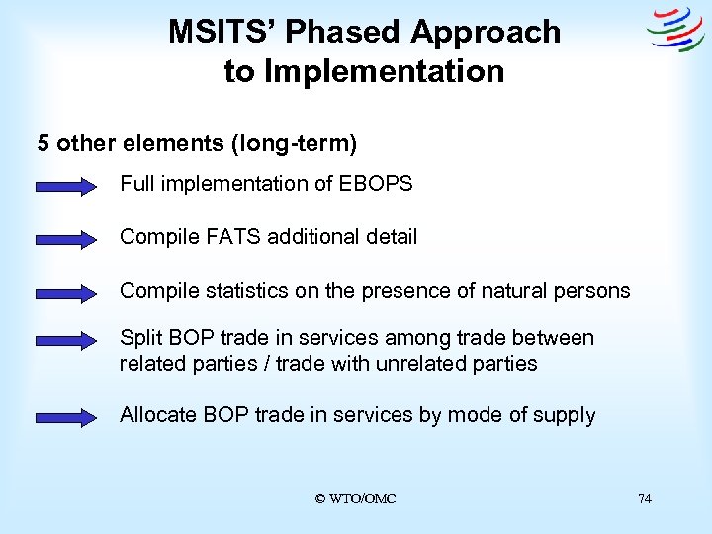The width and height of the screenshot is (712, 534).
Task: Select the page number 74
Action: [x=645, y=499]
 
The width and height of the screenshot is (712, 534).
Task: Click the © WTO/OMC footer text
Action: [x=355, y=499]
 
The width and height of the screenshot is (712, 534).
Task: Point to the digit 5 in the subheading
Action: [x=44, y=143]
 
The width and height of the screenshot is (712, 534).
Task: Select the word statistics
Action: [x=241, y=291]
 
